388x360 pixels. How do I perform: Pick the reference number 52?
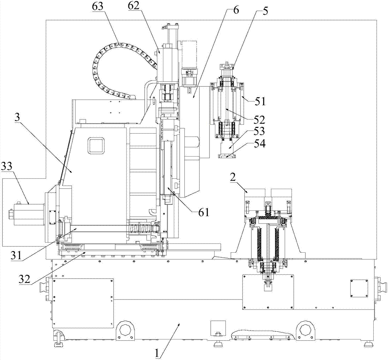(259, 120)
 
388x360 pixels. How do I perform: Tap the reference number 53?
(259, 131)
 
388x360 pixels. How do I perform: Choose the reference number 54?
(259, 144)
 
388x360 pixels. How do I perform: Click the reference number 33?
(8, 166)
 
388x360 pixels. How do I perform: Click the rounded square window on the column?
(97, 146)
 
